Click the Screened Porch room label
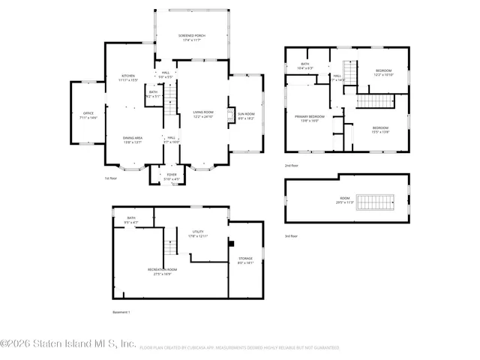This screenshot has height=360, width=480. point(192,37)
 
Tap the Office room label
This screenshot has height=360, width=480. point(88,116)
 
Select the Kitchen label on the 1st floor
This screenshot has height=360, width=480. point(128,78)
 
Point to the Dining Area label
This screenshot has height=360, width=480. point(133,139)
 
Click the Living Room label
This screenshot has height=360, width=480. point(203,114)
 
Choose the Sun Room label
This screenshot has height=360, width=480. point(246,116)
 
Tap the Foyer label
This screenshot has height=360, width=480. point(172,177)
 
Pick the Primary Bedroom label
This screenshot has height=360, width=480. point(309,118)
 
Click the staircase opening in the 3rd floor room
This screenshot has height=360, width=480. point(373,202)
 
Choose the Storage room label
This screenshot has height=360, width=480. point(245,260)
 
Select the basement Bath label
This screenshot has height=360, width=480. point(131,220)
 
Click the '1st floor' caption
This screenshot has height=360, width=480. point(112,178)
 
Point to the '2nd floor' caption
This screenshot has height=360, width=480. point(291,165)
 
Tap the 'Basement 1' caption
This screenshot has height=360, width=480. point(121,311)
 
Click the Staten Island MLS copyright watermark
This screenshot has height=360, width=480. point(67,344)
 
